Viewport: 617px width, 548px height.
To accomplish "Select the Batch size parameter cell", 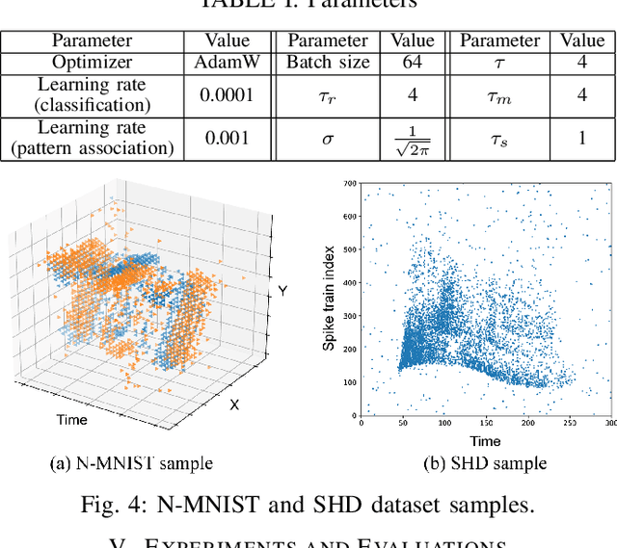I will point(328,63).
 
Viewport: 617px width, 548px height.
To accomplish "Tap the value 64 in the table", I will point(412,63).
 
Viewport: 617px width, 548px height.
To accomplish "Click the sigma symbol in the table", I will point(328,138).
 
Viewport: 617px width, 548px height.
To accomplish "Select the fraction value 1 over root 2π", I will point(412,138).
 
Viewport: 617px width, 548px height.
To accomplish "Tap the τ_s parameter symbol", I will point(499,138).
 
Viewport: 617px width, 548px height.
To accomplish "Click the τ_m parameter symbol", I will point(499,94).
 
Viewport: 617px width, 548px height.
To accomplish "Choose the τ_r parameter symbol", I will point(328,94).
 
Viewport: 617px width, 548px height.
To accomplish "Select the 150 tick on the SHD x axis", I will point(484,423).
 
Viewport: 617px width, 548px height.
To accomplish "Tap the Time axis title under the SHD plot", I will point(485,440).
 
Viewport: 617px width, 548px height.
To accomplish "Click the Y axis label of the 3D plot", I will point(282,290).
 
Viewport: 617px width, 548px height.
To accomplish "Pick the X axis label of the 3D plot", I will point(233,405).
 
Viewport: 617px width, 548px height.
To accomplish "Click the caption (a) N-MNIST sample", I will point(130,464).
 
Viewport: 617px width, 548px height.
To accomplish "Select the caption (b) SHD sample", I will point(485,464).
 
